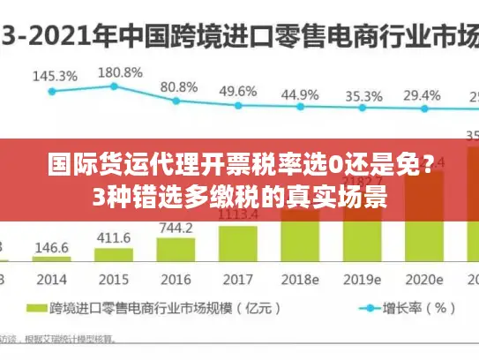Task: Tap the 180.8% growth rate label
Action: (x=119, y=72)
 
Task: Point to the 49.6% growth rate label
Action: (x=238, y=91)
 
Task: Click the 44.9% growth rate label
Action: (x=301, y=94)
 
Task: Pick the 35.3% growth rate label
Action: (x=363, y=96)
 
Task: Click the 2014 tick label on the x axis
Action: (x=52, y=279)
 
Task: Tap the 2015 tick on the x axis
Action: (x=114, y=279)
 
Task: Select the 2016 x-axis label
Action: (x=176, y=279)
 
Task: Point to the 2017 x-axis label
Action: (x=238, y=279)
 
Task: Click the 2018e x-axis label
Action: (x=301, y=279)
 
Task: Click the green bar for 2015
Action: (x=114, y=257)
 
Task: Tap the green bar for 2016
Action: (x=176, y=251)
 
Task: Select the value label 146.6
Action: (x=52, y=249)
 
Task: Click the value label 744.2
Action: (x=176, y=228)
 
